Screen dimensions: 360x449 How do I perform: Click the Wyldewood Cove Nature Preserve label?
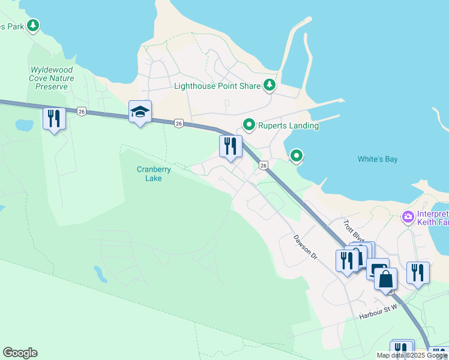[x=52, y=78]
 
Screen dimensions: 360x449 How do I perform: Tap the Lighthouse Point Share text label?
[x=217, y=86]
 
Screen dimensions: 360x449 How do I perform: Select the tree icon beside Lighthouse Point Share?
[x=270, y=85]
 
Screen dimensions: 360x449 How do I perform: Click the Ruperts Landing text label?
[x=288, y=125]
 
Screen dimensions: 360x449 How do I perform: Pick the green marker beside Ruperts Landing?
[x=249, y=125]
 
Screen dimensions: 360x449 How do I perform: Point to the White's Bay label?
[x=378, y=159]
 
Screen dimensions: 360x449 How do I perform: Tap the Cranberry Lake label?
[x=154, y=174]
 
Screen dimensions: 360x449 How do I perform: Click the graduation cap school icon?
[x=140, y=112]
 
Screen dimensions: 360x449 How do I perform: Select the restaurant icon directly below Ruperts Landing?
[x=231, y=146]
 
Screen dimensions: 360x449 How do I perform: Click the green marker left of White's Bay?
[x=296, y=155]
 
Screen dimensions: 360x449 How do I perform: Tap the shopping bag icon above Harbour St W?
[x=385, y=278]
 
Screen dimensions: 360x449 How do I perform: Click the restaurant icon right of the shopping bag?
[x=418, y=272]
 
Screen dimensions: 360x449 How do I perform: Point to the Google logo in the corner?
[x=20, y=353]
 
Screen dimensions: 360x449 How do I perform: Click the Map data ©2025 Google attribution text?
[x=412, y=355]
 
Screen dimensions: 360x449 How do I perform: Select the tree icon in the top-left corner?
[x=34, y=25]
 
